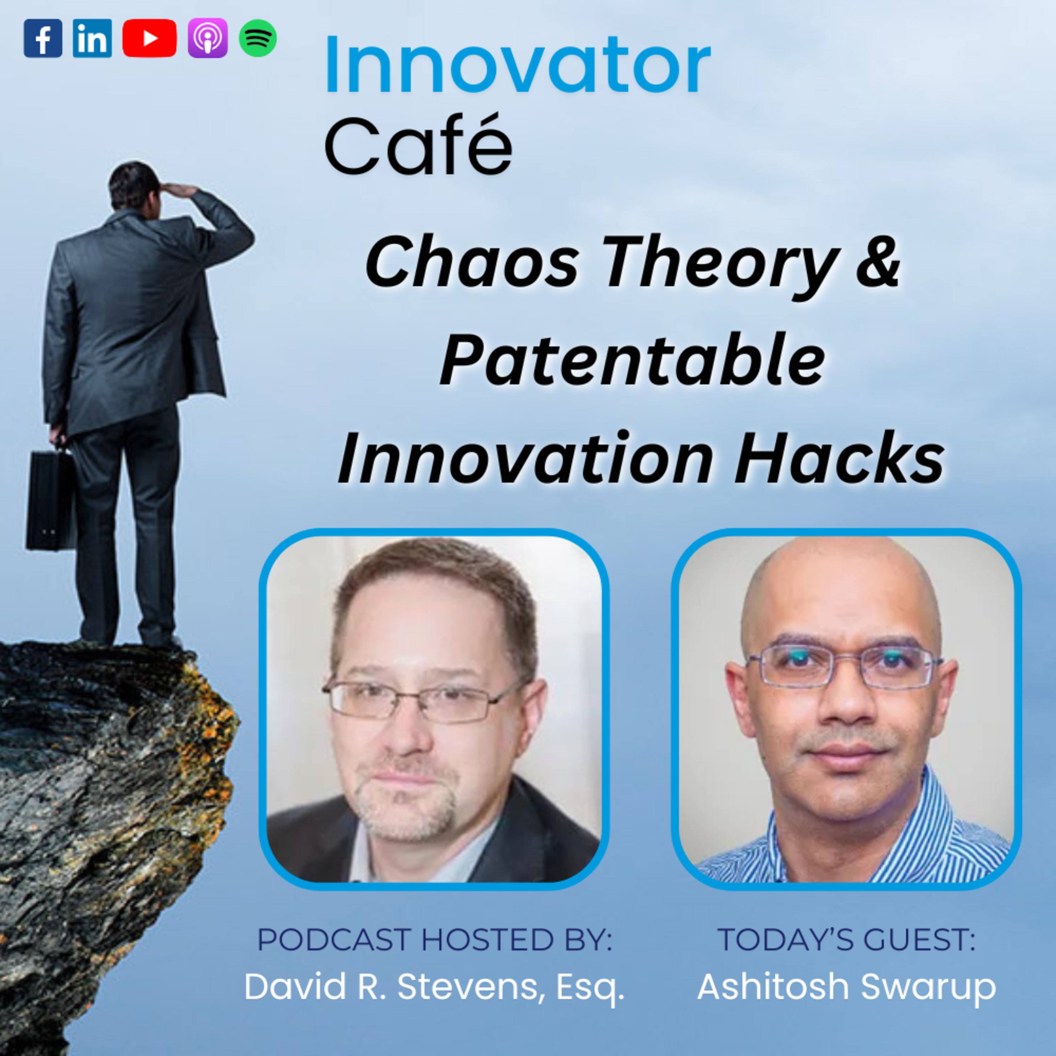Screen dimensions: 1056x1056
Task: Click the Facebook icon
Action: (x=43, y=38)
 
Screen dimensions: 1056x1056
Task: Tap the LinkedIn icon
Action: (x=92, y=38)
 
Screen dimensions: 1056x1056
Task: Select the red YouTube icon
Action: (x=149, y=38)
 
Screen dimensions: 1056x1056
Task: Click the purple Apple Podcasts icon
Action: (x=208, y=38)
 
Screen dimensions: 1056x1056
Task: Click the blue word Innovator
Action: (x=516, y=65)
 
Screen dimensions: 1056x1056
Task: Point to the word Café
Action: (x=418, y=145)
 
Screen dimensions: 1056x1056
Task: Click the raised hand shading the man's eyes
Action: (x=180, y=191)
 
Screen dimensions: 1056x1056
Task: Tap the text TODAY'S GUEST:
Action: (x=846, y=940)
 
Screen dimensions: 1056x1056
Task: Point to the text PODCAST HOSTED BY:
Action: (x=434, y=940)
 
